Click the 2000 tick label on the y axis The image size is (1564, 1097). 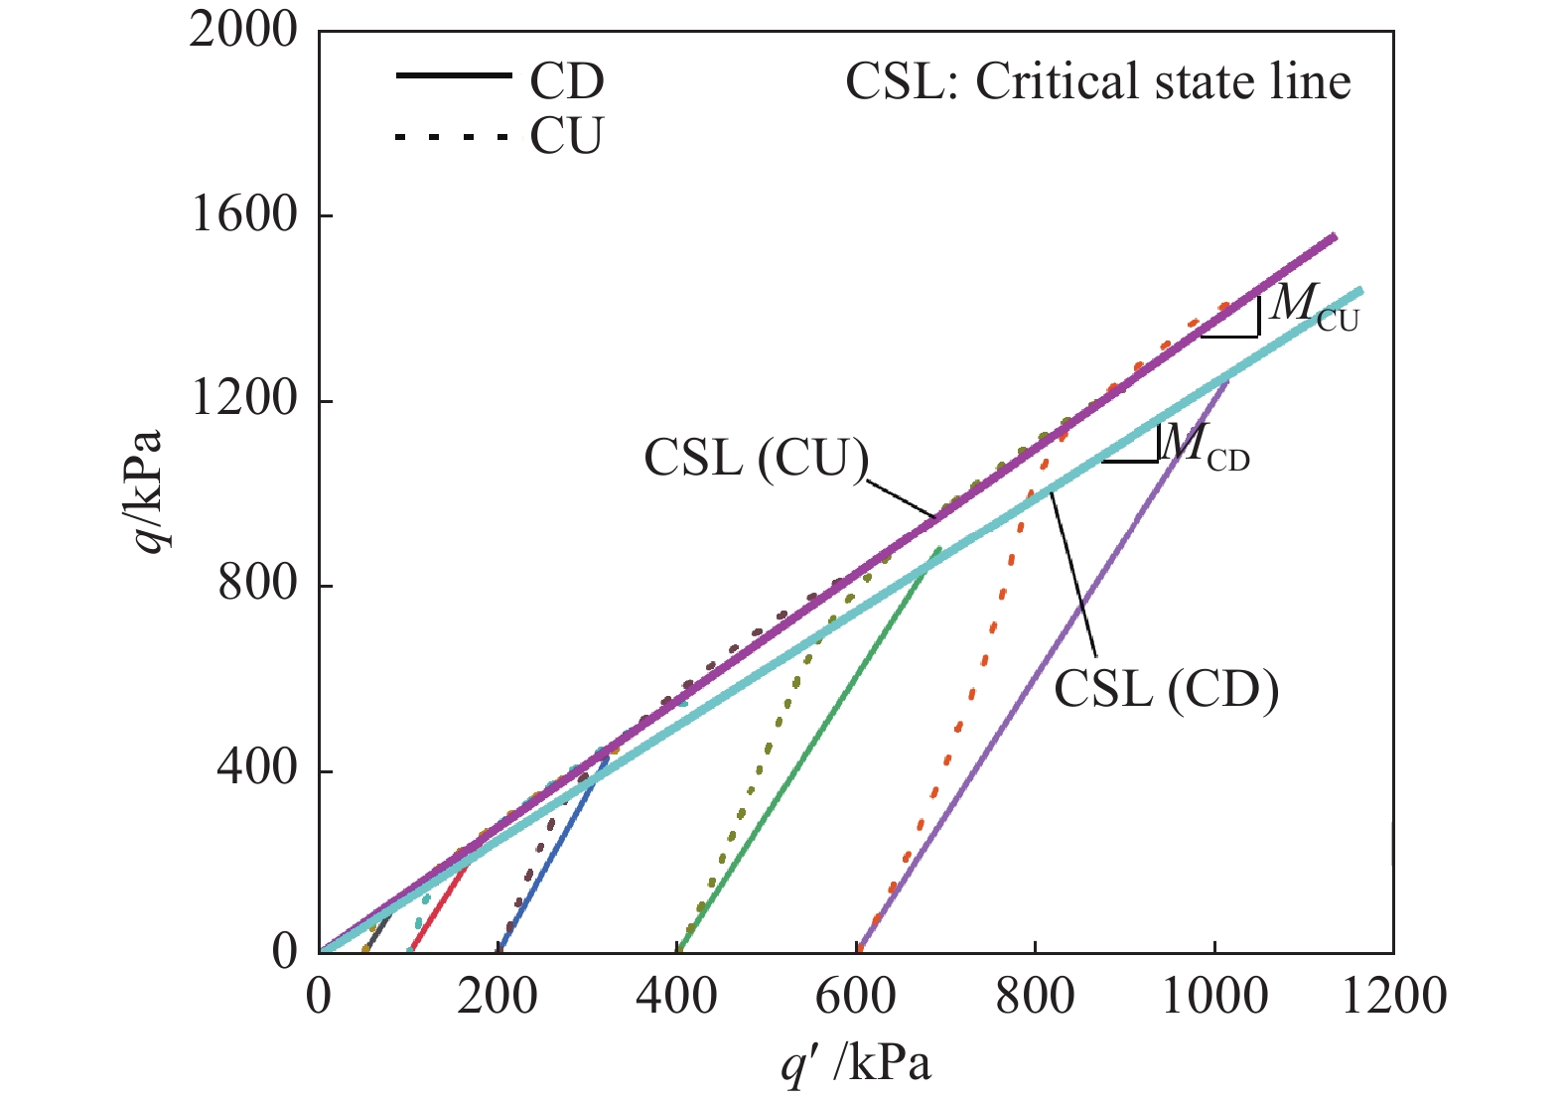coord(243,31)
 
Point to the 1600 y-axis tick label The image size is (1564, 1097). coord(243,215)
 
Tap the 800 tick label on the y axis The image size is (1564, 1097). coord(257,585)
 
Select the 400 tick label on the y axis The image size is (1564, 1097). coord(257,769)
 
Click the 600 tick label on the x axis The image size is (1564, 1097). coord(856,996)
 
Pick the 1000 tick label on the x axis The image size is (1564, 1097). coord(1213,996)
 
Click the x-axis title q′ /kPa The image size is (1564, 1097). coord(856,1064)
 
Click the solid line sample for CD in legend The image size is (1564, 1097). coord(453,76)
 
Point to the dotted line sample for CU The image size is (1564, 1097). coord(453,136)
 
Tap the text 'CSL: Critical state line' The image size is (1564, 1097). coord(1097,82)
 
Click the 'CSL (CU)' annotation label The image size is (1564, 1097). coord(756,459)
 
